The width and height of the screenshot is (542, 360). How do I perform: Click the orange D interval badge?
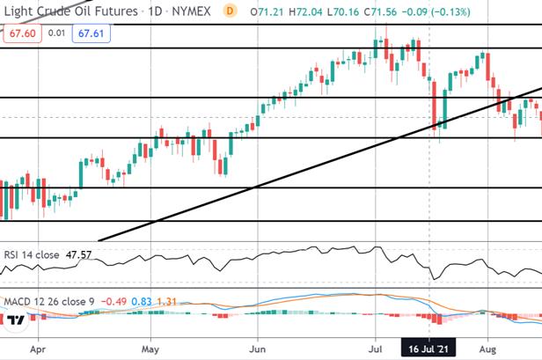tap(230, 11)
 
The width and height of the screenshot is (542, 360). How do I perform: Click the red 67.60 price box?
tap(23, 33)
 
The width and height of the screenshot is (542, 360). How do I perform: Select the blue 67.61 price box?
tap(92, 33)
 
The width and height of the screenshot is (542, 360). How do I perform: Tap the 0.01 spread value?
tap(56, 33)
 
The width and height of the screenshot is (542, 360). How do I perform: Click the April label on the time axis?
tap(38, 349)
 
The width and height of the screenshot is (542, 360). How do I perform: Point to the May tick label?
tap(150, 349)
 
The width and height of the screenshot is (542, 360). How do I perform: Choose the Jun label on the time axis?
tap(258, 349)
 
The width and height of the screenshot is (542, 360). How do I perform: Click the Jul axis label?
tap(375, 349)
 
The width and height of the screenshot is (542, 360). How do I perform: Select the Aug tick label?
tap(487, 349)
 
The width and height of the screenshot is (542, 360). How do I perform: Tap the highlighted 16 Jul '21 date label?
tap(428, 349)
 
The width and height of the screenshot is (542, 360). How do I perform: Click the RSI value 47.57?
tap(79, 255)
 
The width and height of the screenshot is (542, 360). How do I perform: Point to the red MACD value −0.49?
tap(114, 302)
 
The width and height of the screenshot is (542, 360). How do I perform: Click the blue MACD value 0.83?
tap(142, 302)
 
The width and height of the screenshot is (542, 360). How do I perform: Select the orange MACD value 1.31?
tap(166, 302)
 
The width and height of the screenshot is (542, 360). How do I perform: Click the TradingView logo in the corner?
tap(16, 320)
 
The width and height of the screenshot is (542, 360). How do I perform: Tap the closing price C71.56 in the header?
tap(380, 12)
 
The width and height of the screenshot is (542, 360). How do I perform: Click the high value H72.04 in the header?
tap(305, 12)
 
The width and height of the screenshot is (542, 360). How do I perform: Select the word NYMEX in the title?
tap(191, 11)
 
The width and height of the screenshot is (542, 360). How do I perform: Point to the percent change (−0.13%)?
tap(450, 12)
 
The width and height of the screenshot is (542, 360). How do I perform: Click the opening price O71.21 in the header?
tap(267, 12)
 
